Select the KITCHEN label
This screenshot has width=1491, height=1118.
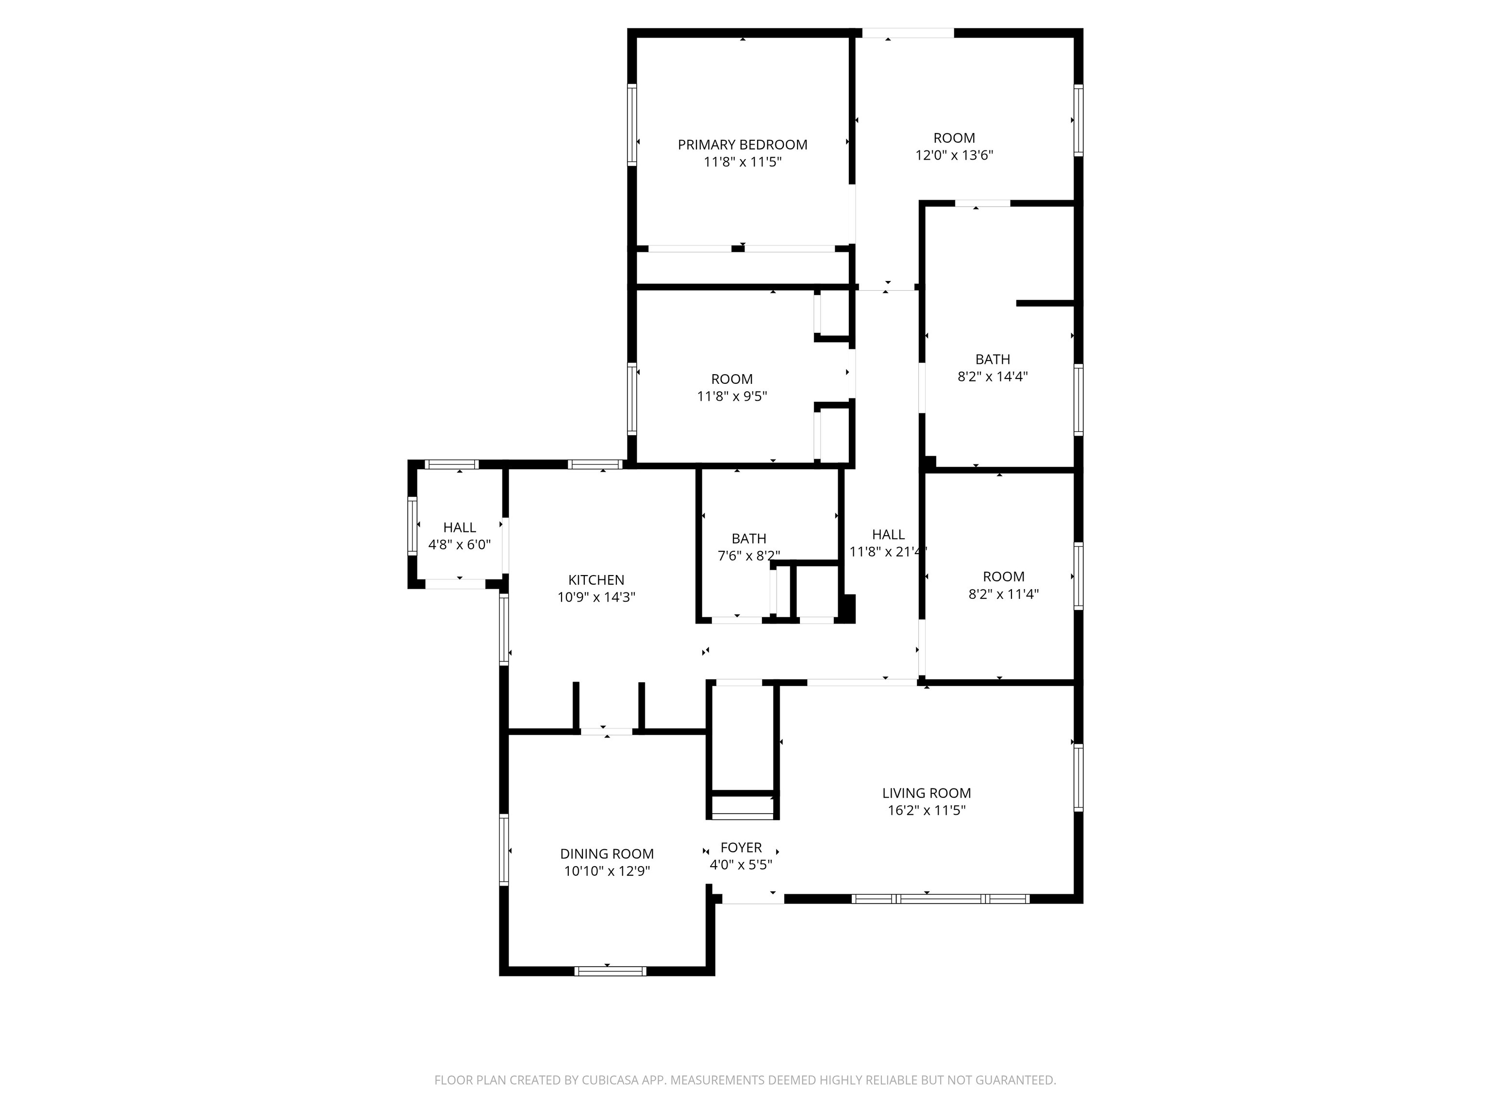(x=596, y=579)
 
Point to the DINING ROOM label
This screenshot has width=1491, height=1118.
(x=607, y=854)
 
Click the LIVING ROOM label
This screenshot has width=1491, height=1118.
(x=926, y=793)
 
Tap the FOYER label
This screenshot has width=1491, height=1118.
(x=741, y=848)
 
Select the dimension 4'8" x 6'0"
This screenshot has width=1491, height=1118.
(x=459, y=544)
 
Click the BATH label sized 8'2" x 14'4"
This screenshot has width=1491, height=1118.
(x=992, y=359)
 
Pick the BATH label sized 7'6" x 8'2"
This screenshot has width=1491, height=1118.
(x=749, y=539)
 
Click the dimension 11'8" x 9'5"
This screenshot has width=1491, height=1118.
(x=731, y=396)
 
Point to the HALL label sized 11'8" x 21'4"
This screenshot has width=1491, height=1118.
(x=888, y=534)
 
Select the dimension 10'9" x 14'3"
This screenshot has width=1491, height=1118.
(x=596, y=597)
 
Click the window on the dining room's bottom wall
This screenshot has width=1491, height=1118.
(x=610, y=971)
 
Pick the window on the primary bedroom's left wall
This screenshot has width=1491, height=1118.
(x=631, y=125)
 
